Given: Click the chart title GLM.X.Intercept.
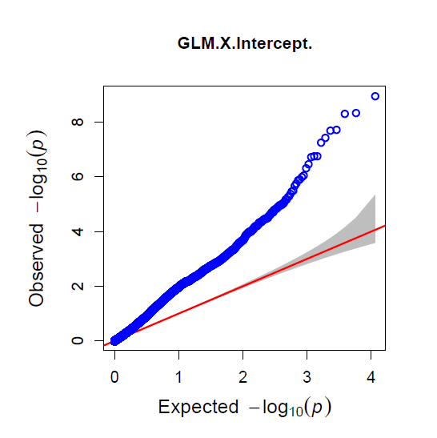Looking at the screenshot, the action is point(245,44).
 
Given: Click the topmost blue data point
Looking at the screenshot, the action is point(375,96).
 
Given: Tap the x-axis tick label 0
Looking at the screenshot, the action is point(114,377).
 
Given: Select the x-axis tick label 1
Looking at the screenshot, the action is point(178,377).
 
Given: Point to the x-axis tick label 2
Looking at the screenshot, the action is point(243,377).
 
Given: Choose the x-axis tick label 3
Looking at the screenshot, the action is point(307,377).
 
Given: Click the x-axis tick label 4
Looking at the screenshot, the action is point(371,377).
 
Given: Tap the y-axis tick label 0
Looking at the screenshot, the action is point(78,340).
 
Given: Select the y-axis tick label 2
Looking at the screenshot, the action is point(78,286).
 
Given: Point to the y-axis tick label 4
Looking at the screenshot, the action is point(78,231).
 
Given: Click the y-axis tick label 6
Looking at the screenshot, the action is point(78,176).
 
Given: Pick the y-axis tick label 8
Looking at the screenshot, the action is point(78,122).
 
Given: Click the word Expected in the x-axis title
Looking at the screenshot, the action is point(198,407).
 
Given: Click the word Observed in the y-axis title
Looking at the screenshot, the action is point(36,265).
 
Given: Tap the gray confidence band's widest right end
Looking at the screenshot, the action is point(375,219).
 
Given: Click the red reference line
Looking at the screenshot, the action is point(245,286).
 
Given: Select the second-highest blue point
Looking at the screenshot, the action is point(355,113).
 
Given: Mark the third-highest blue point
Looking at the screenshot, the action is point(345,114).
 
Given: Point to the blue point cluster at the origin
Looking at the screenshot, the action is point(114,340).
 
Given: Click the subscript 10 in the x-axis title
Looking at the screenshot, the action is point(296,412).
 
